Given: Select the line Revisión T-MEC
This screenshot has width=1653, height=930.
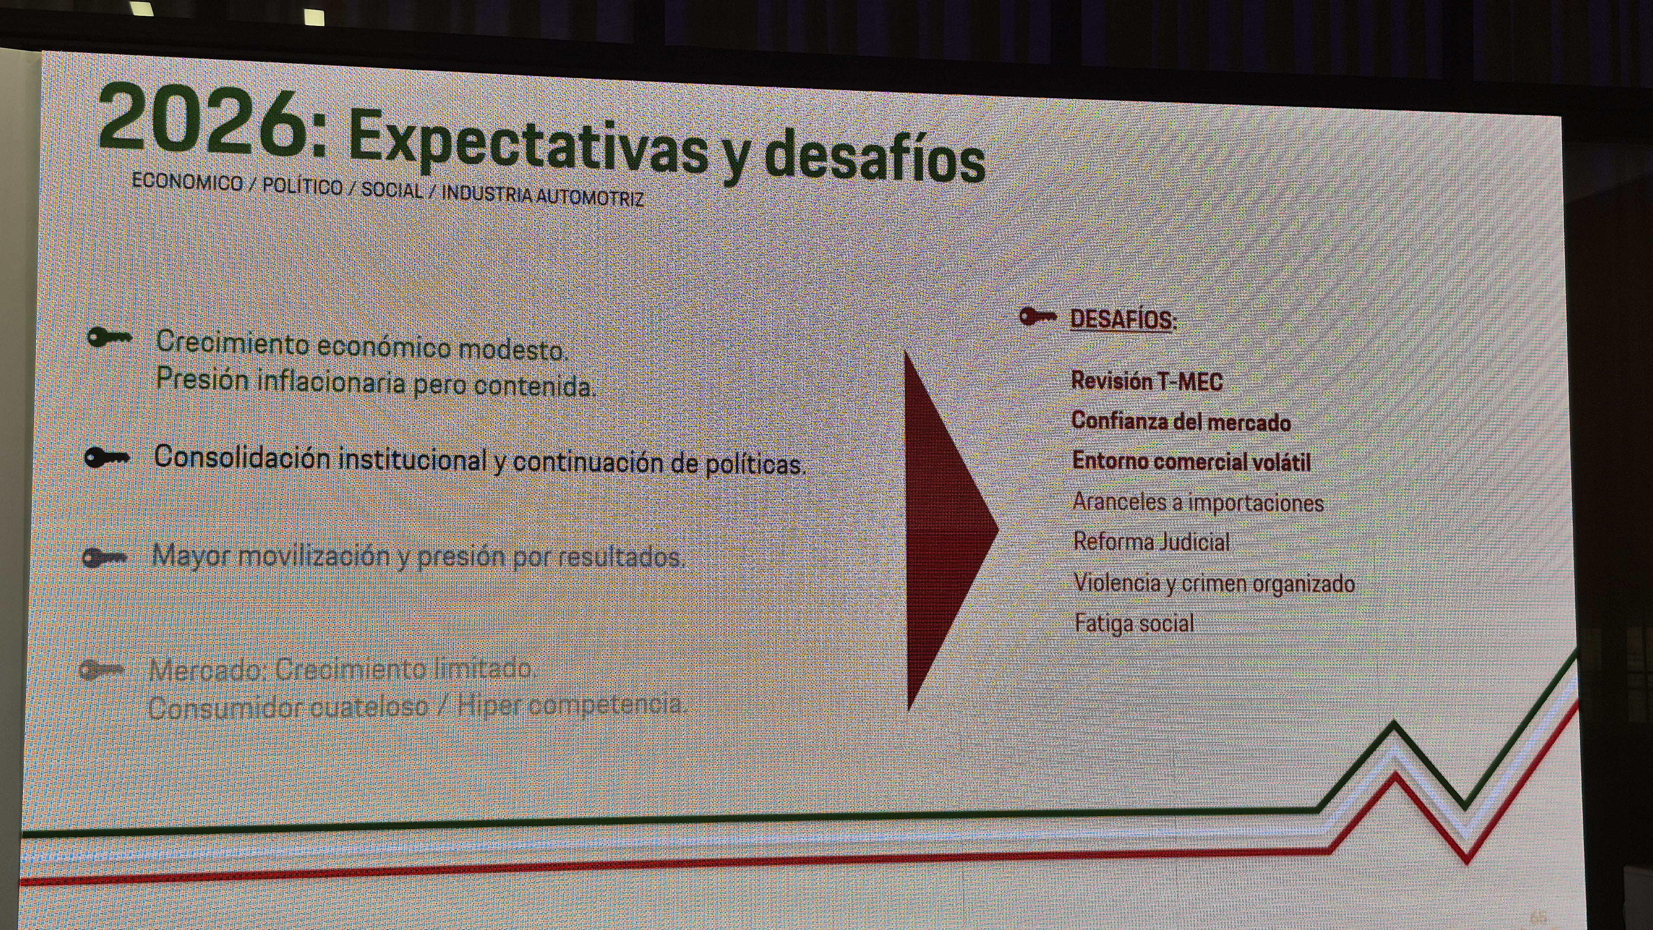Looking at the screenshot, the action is pos(1147,381).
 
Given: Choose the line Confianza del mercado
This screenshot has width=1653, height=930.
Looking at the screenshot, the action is pos(1181,421).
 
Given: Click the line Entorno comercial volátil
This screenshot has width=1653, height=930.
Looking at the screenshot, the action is pos(1191,461).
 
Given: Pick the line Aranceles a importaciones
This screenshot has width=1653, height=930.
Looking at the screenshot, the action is pos(1198,502).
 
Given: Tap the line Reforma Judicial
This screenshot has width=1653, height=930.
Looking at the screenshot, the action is pos(1151,542).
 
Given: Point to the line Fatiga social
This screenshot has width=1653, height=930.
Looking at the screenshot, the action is pos(1134,623).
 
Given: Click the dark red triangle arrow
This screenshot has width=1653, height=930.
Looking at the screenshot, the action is pos(943,530).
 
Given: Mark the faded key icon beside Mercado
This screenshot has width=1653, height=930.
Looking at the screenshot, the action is pos(101,670).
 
